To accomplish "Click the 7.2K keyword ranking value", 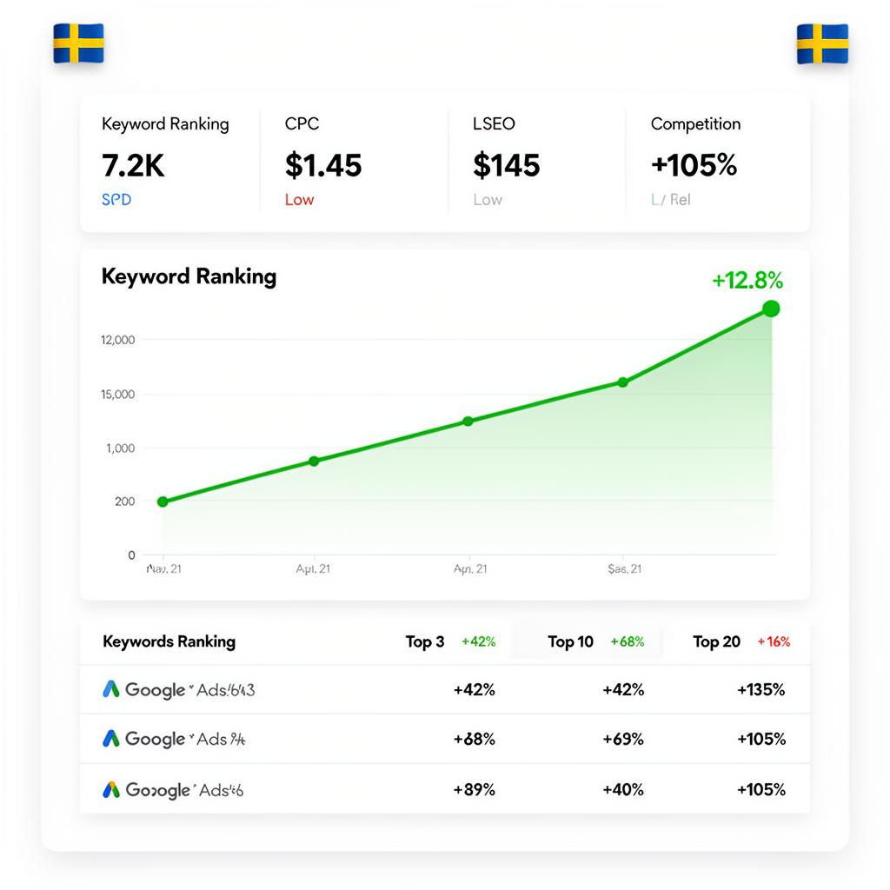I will pyautogui.click(x=133, y=165).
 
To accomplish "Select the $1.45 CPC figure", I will pyautogui.click(x=323, y=165).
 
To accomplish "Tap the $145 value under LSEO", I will pyautogui.click(x=507, y=165).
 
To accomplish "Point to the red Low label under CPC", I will pyautogui.click(x=299, y=200).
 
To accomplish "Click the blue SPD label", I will pyautogui.click(x=116, y=200).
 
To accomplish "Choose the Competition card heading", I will pyautogui.click(x=695, y=124).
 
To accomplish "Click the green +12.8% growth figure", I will pyautogui.click(x=747, y=281).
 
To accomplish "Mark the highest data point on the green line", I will pyautogui.click(x=770, y=309).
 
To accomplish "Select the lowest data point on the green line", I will pyautogui.click(x=163, y=501).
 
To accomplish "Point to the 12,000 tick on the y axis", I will pyautogui.click(x=118, y=340).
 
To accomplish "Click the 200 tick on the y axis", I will pyautogui.click(x=124, y=501).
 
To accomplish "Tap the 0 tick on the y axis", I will pyautogui.click(x=131, y=555).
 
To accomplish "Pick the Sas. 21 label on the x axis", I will pyautogui.click(x=624, y=569).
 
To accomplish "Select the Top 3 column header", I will pyautogui.click(x=425, y=642).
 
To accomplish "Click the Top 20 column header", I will pyautogui.click(x=716, y=642).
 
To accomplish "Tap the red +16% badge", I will pyautogui.click(x=774, y=642).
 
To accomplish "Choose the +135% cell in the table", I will pyautogui.click(x=760, y=690).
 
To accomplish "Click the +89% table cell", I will pyautogui.click(x=474, y=790).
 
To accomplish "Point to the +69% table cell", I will pyautogui.click(x=623, y=740).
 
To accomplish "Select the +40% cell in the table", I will pyautogui.click(x=623, y=790).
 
